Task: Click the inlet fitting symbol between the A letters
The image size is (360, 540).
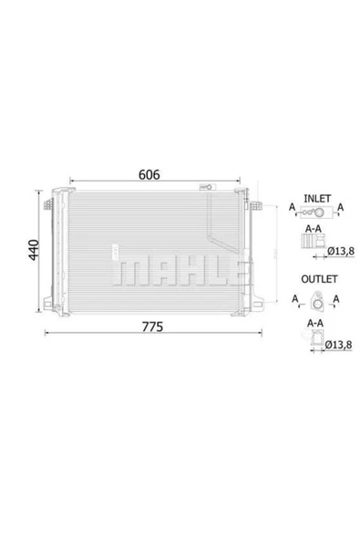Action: [314, 209]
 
